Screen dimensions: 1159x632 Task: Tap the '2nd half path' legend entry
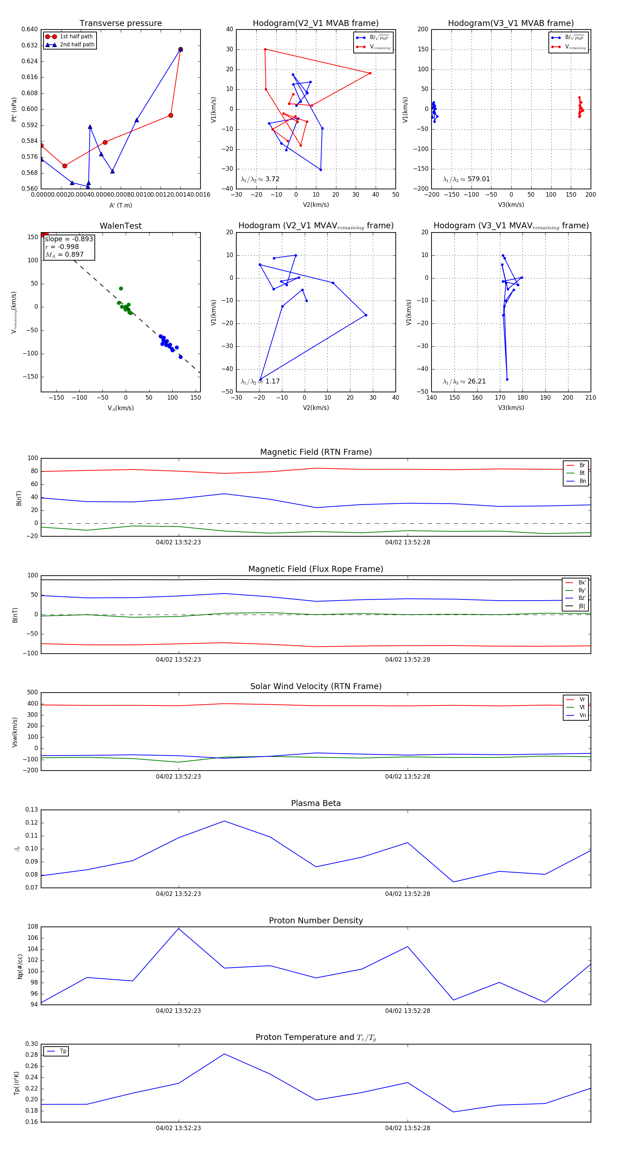point(77,45)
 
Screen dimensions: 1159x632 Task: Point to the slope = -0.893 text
point(69,239)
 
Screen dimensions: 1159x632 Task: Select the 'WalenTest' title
point(120,226)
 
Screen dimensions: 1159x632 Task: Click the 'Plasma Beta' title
point(316,804)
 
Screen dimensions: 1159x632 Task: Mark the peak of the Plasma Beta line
point(224,821)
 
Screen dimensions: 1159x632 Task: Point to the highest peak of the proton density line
point(179,928)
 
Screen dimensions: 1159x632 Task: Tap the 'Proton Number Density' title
point(316,921)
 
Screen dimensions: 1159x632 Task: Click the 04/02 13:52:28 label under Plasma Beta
point(408,894)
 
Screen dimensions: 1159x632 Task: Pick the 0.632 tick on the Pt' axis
point(30,45)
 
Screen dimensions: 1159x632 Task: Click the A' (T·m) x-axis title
point(120,205)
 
